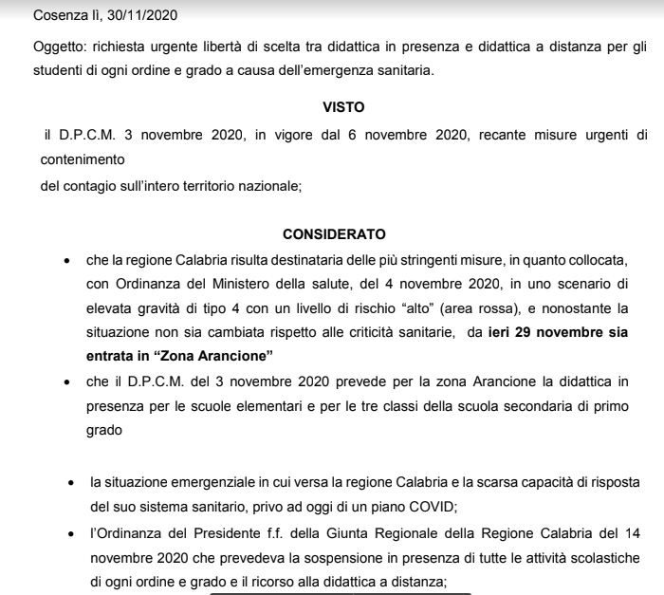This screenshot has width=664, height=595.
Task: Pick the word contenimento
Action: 83,160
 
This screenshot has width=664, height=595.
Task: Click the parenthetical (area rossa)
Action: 512,308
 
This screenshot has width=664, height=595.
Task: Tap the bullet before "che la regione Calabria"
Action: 65,258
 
